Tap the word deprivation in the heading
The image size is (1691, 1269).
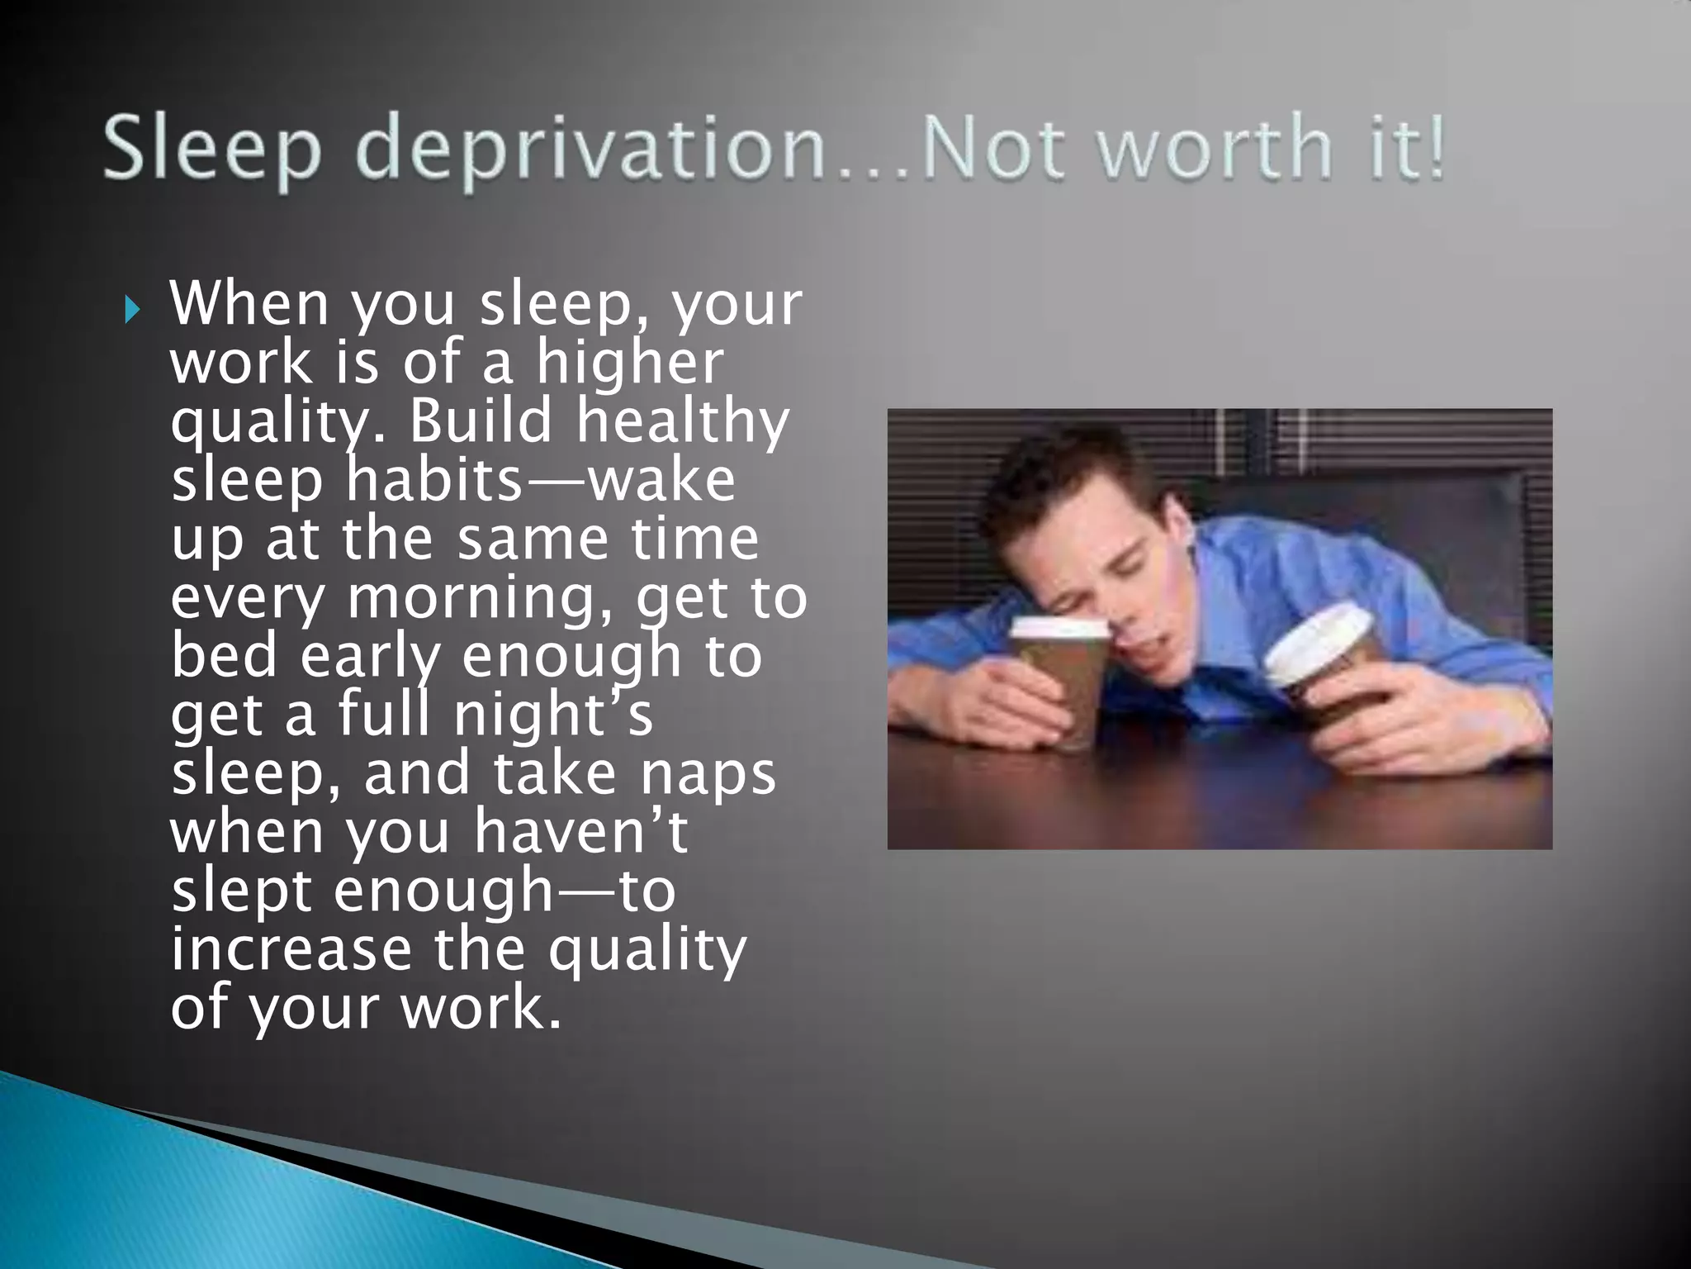(x=590, y=149)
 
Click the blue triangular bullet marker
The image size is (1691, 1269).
(x=131, y=311)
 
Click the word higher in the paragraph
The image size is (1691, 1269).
(x=629, y=364)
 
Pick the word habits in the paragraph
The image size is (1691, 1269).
(x=434, y=480)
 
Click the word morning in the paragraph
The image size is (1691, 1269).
(x=481, y=598)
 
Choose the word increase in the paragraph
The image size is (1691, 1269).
(x=291, y=949)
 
